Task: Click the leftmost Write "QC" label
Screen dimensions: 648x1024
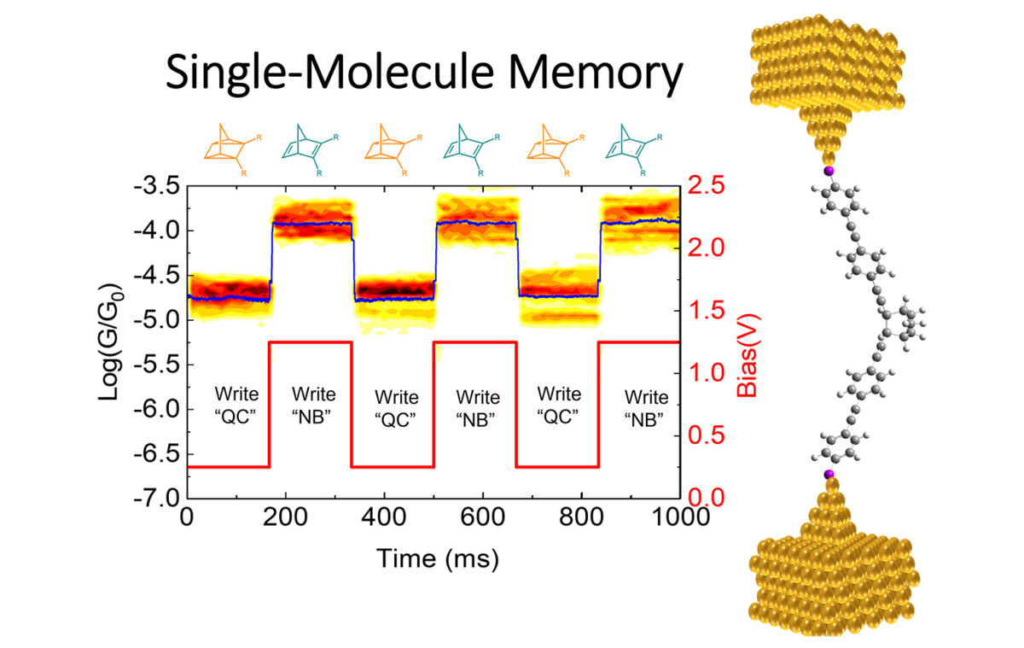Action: coord(232,407)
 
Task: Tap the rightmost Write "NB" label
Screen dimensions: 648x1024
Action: coord(645,407)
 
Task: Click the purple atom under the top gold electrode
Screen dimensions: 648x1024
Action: coord(827,173)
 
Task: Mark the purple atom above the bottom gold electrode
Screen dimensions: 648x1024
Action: coord(827,474)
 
